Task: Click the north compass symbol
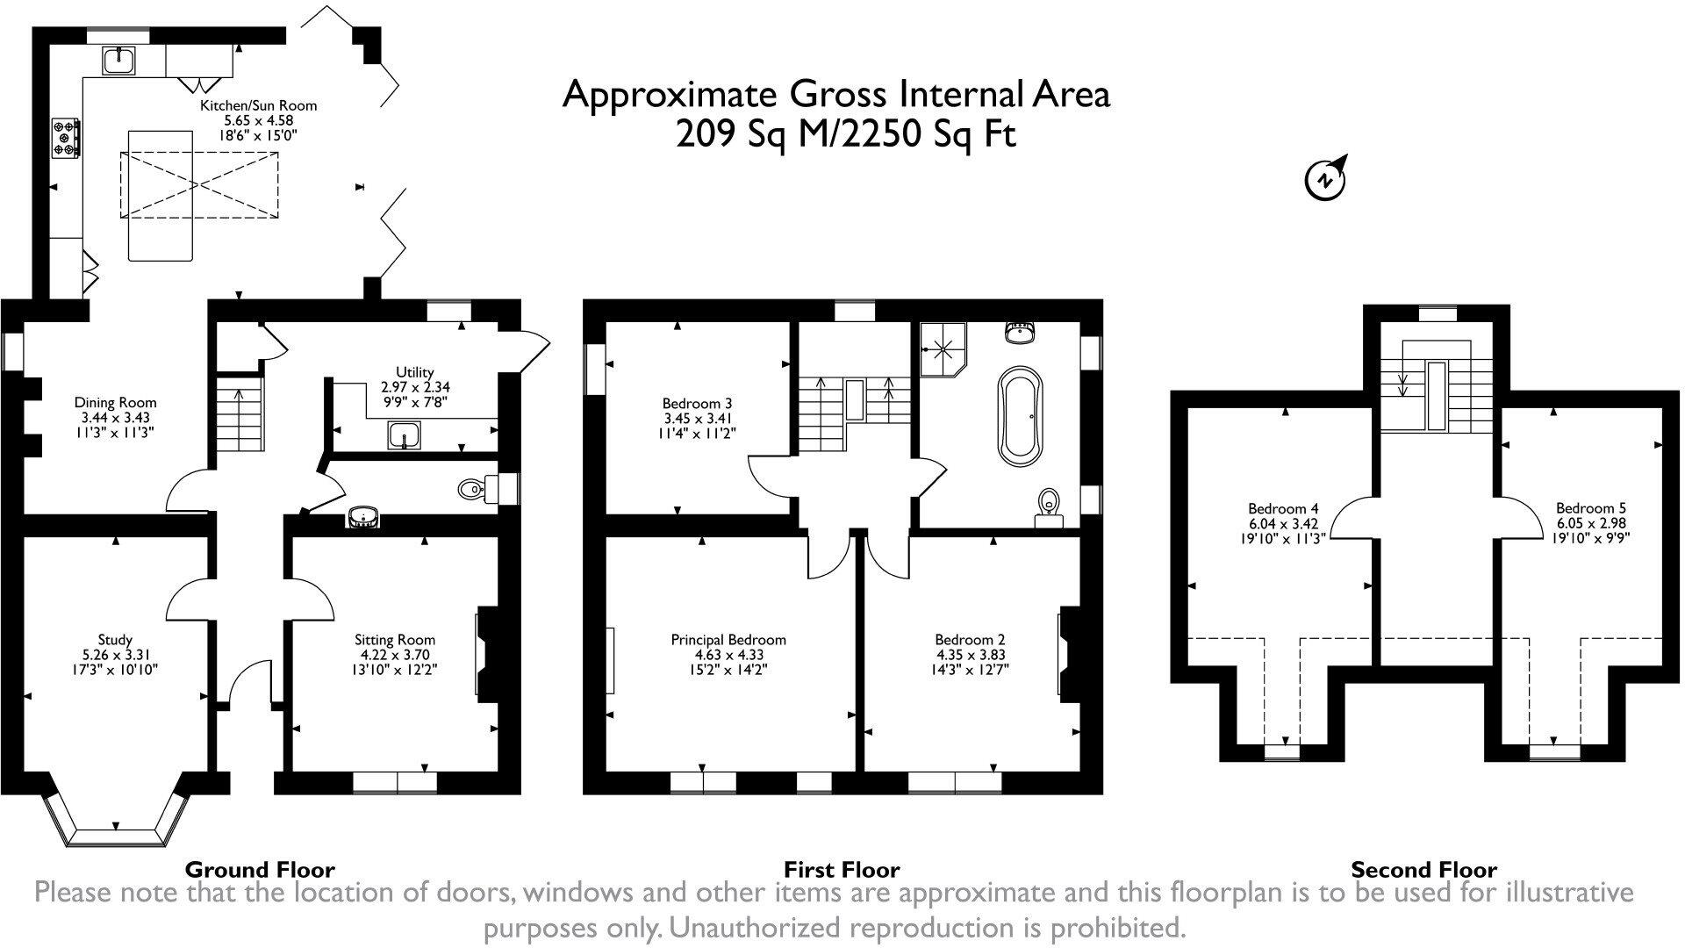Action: coord(1326,178)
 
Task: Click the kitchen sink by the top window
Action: coord(118,60)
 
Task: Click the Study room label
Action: coord(115,654)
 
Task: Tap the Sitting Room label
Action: coord(395,654)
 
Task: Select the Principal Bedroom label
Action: coord(728,654)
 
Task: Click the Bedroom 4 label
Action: coord(1283,523)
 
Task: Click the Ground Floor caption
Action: coord(260,870)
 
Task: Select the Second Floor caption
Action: coord(1423,870)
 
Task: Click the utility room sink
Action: coord(404,434)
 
